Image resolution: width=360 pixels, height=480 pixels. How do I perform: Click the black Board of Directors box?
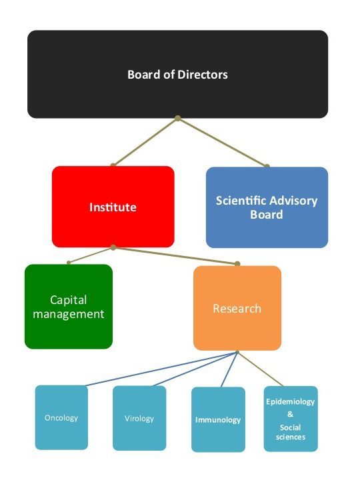177,74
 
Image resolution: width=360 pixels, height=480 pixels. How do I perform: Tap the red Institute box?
113,207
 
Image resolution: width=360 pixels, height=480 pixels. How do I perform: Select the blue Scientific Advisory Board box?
267,207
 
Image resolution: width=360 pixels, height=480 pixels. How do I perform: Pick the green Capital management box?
69,307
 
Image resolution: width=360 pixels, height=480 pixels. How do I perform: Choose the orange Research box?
237,308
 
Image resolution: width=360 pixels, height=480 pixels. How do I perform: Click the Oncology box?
61,417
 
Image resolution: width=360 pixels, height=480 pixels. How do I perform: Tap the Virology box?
139,418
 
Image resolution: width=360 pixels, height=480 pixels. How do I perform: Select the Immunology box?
218,419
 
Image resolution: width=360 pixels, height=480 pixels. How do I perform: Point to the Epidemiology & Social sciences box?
291,419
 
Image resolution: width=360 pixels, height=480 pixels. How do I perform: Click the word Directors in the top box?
203,75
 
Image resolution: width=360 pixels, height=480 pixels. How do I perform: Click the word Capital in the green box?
68,300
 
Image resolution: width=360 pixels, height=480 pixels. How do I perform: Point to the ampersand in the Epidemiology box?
290,414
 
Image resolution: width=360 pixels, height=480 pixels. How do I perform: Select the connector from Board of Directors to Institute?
145,142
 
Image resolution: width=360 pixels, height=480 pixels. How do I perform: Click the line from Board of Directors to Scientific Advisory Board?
222,142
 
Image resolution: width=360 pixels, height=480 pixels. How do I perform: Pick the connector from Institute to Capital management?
91,255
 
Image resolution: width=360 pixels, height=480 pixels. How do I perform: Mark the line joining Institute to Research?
175,255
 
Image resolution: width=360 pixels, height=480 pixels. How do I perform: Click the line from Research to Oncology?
161,369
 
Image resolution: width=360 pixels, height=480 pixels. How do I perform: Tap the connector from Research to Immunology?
229,369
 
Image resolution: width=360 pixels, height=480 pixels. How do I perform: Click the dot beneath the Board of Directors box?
177,118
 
